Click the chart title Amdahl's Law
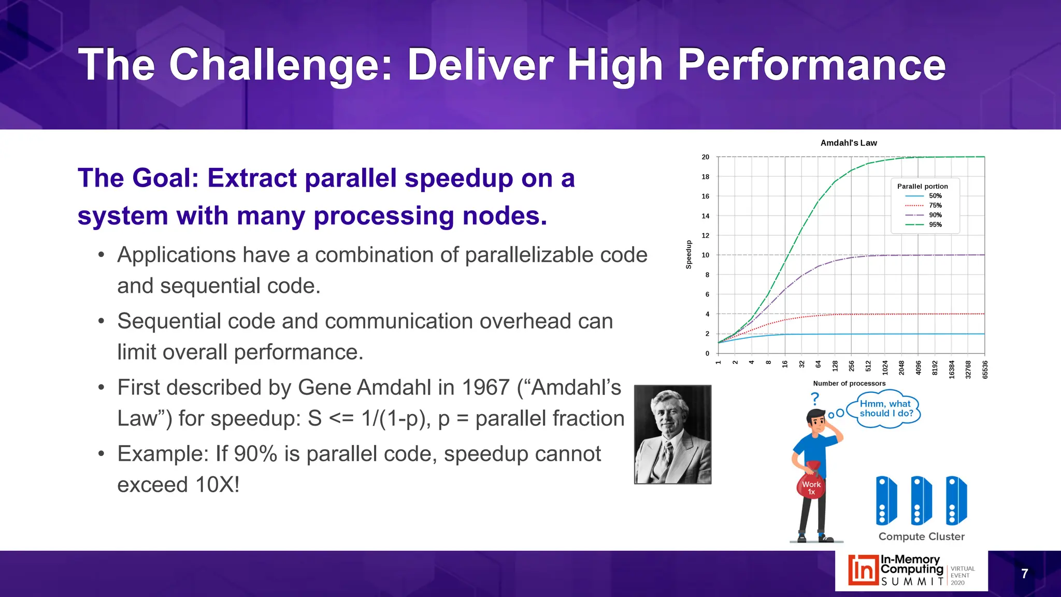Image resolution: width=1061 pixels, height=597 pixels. [x=849, y=143]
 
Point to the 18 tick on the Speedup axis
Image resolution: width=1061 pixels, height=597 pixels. [x=705, y=177]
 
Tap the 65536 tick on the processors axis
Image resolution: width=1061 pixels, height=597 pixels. [x=985, y=369]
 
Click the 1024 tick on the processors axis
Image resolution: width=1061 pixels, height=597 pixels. [x=885, y=367]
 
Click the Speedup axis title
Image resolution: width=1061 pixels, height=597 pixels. [x=689, y=254]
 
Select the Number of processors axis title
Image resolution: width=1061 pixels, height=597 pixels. [x=849, y=383]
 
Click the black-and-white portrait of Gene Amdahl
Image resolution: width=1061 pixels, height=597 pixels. [x=672, y=434]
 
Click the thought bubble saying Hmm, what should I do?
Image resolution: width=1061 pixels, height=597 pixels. [x=886, y=409]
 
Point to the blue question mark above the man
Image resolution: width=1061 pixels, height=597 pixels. [x=815, y=399]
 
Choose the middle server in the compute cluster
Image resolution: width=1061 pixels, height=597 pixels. [x=921, y=501]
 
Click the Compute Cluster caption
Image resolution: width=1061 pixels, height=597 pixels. [x=921, y=537]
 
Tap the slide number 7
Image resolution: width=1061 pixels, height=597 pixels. [x=1024, y=574]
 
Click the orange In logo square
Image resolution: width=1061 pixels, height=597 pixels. [x=863, y=570]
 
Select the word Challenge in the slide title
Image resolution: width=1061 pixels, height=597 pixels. [x=281, y=65]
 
